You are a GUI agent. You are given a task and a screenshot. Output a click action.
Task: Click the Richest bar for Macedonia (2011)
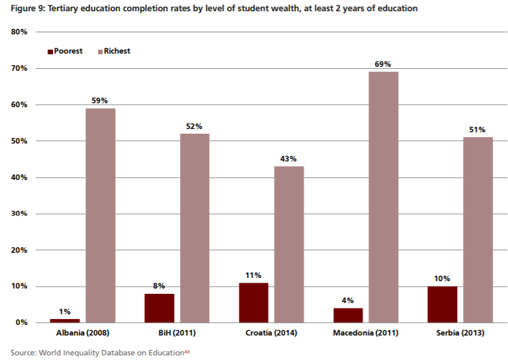tap(383, 197)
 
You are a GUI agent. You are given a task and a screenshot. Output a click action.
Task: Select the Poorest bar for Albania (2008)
tap(64, 320)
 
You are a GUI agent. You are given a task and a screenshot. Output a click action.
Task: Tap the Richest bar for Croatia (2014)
tap(289, 244)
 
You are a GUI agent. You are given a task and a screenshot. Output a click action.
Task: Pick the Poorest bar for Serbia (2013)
tap(442, 304)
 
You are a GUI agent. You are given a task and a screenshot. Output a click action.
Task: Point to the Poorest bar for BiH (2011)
tap(159, 308)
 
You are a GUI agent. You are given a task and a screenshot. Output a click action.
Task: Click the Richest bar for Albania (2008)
tap(101, 215)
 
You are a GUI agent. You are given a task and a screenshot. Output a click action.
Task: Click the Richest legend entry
tap(116, 51)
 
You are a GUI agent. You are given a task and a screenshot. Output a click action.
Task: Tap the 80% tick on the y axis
tap(18, 32)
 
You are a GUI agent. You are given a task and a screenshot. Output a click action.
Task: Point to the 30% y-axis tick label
tap(18, 214)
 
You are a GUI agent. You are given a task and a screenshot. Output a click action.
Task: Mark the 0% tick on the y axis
tap(21, 323)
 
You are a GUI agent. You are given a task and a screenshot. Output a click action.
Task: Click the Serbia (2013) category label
tap(460, 332)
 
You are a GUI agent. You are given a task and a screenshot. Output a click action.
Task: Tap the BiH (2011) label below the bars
tap(177, 332)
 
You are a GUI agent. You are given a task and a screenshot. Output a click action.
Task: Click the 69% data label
tap(383, 64)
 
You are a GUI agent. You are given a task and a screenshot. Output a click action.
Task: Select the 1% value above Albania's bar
tap(64, 312)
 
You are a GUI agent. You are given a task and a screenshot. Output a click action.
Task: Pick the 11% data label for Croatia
tap(253, 275)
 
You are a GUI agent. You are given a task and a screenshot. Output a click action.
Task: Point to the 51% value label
tap(478, 130)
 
